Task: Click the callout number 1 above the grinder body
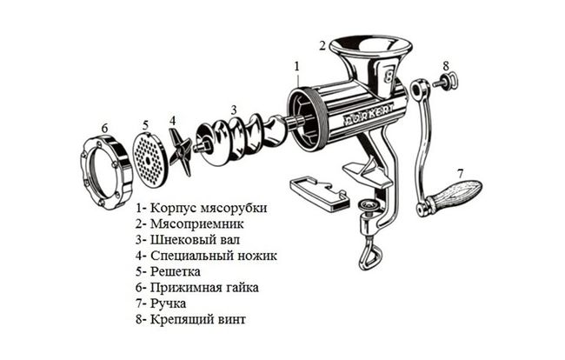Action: click(x=296, y=65)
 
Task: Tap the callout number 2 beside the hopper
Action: click(x=322, y=45)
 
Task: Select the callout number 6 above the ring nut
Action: click(x=104, y=128)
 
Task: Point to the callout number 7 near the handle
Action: click(x=460, y=172)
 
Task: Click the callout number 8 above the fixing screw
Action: click(x=445, y=65)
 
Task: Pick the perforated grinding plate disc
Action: click(x=150, y=157)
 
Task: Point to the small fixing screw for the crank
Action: click(x=445, y=83)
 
